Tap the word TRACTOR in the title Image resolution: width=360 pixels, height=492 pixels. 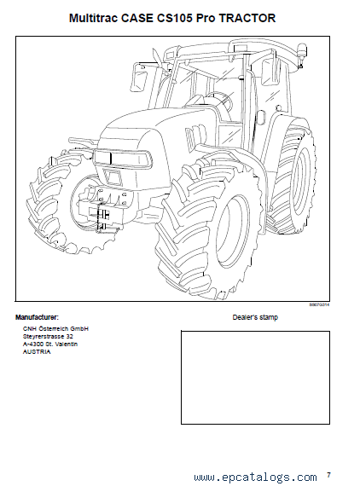(247, 18)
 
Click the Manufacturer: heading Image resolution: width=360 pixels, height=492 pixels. (37, 317)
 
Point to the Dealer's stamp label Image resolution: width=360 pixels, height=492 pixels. (255, 317)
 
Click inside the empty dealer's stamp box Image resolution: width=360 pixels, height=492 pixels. (255, 378)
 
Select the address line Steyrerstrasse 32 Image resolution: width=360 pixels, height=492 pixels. (48, 336)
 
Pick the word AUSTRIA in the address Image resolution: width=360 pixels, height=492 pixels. (37, 352)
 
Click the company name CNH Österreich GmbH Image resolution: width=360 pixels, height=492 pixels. (55, 328)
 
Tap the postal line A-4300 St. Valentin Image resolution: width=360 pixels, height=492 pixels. (50, 344)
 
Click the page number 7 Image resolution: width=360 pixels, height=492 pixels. (328, 475)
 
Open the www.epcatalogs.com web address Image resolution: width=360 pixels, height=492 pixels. (255, 478)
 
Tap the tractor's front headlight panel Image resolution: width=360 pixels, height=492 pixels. (123, 159)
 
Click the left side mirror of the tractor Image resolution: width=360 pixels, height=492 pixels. (139, 79)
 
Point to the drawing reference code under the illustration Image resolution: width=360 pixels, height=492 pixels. (320, 304)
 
